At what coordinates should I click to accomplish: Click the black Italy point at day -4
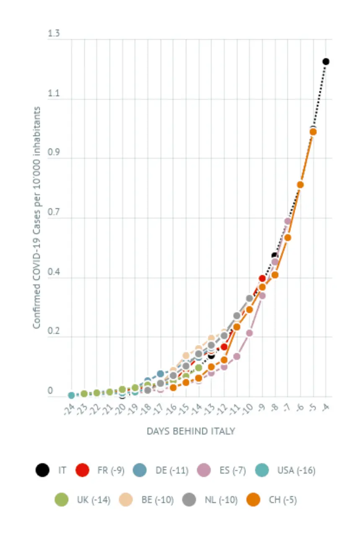click(x=326, y=62)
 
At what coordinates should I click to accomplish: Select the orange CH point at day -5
click(x=313, y=131)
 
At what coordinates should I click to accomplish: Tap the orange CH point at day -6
click(x=300, y=185)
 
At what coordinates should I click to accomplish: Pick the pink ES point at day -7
click(x=287, y=221)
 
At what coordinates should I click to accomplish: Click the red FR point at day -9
click(x=262, y=278)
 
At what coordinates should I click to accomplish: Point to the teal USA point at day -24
click(x=71, y=395)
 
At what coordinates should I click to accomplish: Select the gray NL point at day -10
click(x=250, y=298)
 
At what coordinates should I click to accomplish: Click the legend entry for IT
click(x=51, y=470)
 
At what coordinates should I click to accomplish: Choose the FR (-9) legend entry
click(x=100, y=470)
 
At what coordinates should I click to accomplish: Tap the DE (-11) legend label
click(x=172, y=470)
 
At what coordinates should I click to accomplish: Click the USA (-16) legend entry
click(x=285, y=470)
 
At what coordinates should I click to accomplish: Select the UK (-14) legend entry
click(x=83, y=500)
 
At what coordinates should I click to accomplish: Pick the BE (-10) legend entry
click(x=146, y=500)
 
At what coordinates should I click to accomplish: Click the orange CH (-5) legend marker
click(x=253, y=500)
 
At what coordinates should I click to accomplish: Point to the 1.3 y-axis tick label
click(x=54, y=33)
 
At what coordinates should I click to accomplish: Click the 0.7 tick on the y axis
click(x=54, y=212)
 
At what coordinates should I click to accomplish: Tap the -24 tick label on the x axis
click(x=69, y=410)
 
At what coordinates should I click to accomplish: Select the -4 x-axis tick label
click(x=325, y=407)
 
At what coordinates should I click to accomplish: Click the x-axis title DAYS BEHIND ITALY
click(x=191, y=431)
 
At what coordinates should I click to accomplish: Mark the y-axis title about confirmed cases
click(x=36, y=217)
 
